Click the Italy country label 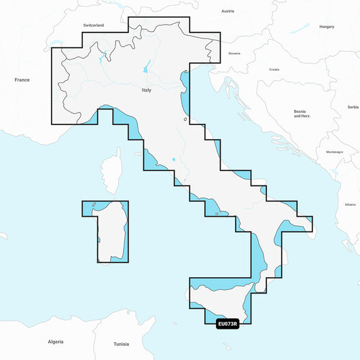click(146, 90)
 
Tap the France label click(22, 79)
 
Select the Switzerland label click(93, 25)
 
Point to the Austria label click(228, 12)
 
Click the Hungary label click(327, 26)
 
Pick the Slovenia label click(234, 53)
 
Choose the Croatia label click(274, 69)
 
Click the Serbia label click(353, 107)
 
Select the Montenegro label click(335, 151)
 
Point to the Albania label click(350, 204)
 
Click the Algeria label click(56, 341)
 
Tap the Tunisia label click(121, 344)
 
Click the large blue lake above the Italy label click(146, 69)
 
